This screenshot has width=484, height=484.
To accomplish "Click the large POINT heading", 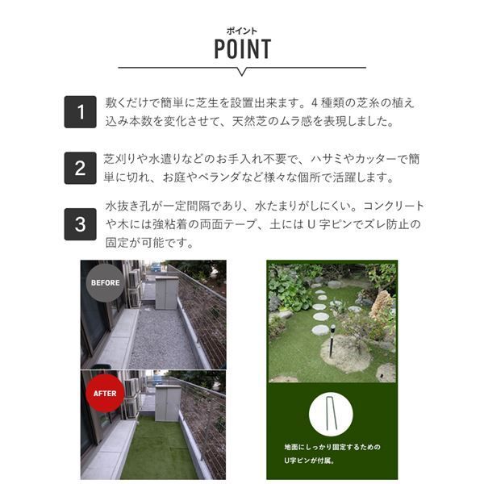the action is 242,48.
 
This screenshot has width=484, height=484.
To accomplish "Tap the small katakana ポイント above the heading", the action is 242,31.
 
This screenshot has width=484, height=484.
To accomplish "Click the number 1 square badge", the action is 80,112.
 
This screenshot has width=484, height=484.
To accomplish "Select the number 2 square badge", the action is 80,168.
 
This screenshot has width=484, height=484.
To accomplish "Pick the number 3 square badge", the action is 80,224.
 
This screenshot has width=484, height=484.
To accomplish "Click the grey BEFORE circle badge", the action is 105,283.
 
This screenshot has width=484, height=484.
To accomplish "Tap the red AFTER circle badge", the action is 105,394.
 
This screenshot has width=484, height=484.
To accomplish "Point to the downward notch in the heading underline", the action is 242,72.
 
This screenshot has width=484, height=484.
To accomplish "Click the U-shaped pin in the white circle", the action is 331,414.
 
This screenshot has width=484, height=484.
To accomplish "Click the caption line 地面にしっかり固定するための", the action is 332,447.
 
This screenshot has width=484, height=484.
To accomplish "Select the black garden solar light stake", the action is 332,340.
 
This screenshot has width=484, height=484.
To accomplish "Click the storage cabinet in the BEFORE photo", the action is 167,293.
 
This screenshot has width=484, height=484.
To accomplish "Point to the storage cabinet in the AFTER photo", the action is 167,403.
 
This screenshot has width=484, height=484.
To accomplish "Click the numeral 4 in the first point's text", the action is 315,102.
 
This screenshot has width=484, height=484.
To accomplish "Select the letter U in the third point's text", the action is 311,224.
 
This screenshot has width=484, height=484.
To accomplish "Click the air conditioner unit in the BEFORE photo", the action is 134,279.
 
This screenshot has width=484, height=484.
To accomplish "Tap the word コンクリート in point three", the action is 394,206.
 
